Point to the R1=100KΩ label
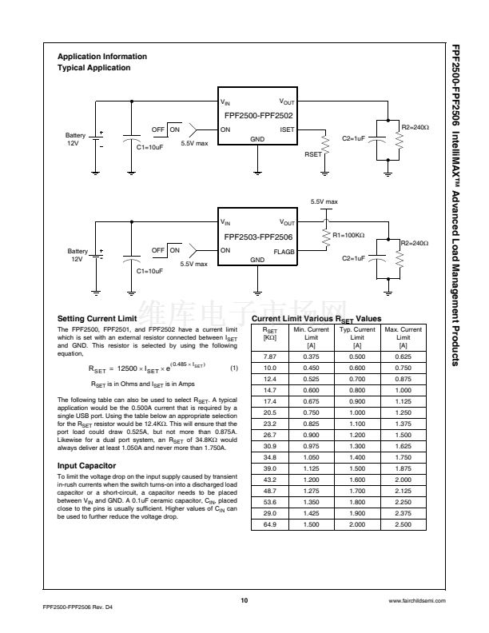coord(348,236)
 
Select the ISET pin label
coord(287,129)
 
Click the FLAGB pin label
coord(284,250)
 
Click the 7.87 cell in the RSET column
coord(269,356)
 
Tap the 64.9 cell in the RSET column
coord(269,524)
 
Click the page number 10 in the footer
coord(245,599)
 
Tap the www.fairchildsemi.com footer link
coord(411,599)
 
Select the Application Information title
coord(102,57)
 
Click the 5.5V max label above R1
coord(324,201)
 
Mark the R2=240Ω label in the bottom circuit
coord(415,242)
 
